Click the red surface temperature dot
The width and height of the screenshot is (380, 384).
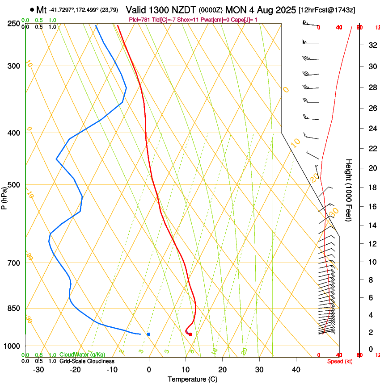[190, 334]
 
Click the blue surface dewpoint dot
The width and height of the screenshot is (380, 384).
[148, 334]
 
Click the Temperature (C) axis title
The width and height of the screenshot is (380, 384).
[192, 379]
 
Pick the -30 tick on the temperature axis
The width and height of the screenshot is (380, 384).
[38, 370]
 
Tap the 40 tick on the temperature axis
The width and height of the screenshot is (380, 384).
[296, 370]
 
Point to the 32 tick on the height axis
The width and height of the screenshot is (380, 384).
[371, 45]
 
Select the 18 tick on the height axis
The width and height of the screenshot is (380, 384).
[371, 188]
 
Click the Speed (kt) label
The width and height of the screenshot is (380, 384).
[339, 361]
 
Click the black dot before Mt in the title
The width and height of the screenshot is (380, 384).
[32, 10]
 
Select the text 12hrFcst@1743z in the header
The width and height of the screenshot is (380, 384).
[327, 10]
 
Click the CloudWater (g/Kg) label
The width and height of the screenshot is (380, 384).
[82, 355]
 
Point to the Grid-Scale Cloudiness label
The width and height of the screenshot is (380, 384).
[87, 361]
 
